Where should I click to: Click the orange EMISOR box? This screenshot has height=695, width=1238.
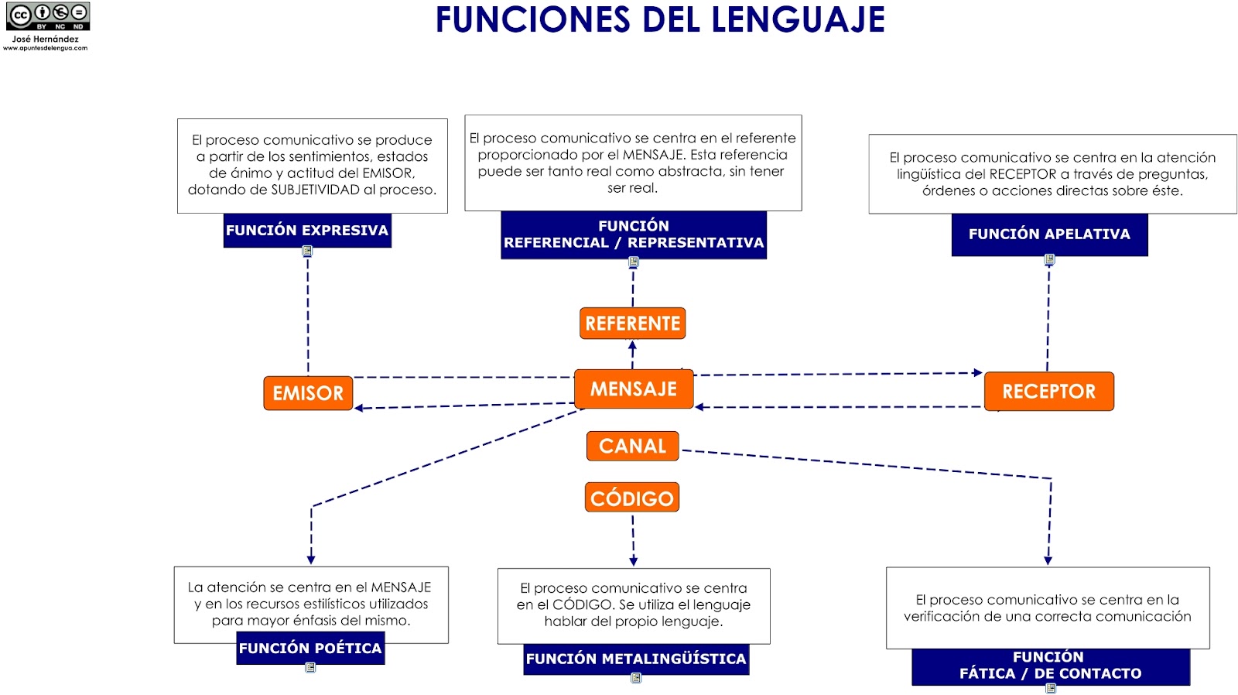coord(308,393)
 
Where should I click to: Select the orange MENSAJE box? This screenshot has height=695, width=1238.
coord(634,389)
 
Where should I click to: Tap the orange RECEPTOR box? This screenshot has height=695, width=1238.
coord(1048,392)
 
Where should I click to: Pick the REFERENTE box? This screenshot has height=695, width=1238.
coord(632,324)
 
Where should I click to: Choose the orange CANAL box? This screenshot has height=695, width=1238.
coord(632,446)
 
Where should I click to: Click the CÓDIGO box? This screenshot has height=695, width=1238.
coord(631,498)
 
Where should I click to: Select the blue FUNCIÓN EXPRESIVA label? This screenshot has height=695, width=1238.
coord(307,231)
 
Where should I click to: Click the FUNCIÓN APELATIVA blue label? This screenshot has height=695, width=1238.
coord(1049,235)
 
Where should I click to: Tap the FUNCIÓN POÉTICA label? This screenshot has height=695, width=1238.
coord(310,649)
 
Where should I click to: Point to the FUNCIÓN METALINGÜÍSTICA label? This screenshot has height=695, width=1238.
coord(636,659)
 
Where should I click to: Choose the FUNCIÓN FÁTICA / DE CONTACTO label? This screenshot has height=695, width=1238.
coord(1050,666)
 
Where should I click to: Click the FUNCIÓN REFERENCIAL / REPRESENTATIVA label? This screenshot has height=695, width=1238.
coord(634,235)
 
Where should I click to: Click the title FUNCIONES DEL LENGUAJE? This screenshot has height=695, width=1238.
coord(660,19)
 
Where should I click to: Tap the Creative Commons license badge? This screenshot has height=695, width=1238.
coord(48,15)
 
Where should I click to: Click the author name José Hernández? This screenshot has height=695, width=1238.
coord(45,39)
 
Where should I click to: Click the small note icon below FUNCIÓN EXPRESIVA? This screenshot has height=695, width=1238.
coord(307,251)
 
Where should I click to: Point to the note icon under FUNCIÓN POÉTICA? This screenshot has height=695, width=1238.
coord(310,668)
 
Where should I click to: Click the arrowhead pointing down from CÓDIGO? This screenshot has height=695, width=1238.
coord(633,560)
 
